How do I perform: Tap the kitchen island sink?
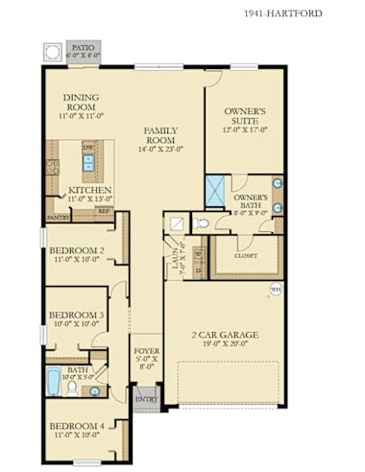(x=88, y=163)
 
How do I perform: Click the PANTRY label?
(x=58, y=218)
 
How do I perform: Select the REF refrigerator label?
(x=103, y=211)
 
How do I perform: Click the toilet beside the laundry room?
(x=200, y=224)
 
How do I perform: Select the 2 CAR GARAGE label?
(x=224, y=335)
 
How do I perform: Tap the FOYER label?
(x=147, y=351)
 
